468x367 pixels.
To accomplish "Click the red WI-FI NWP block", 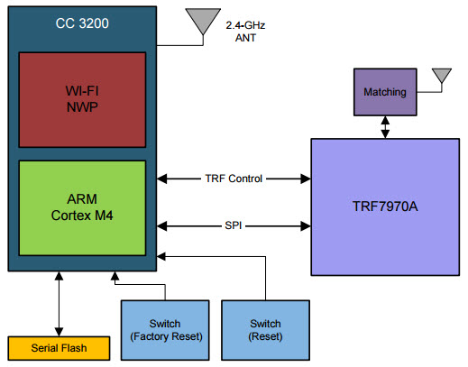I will tap(82, 99).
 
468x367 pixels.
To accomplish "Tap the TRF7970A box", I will tap(384, 206).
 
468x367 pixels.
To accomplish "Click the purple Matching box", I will tap(385, 93).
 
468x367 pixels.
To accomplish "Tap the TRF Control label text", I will tap(234, 179).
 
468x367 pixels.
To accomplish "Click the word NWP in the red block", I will tap(82, 108).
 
